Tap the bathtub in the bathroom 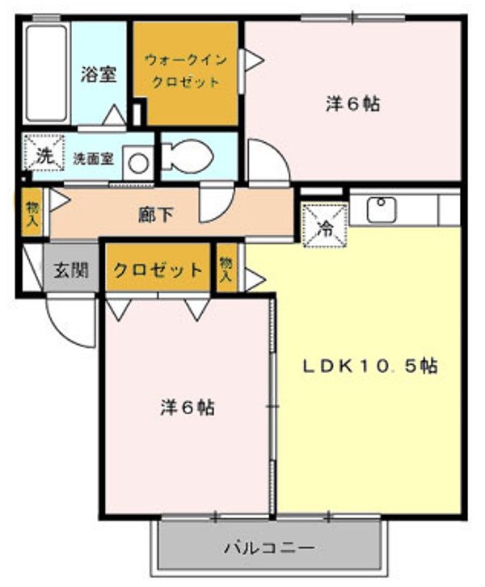[46, 73]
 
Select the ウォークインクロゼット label [186, 70]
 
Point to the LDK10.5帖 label [369, 366]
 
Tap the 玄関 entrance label [71, 270]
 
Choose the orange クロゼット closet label [158, 270]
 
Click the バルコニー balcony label [268, 547]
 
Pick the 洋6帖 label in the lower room [187, 408]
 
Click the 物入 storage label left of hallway [32, 213]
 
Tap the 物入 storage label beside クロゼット [226, 269]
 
